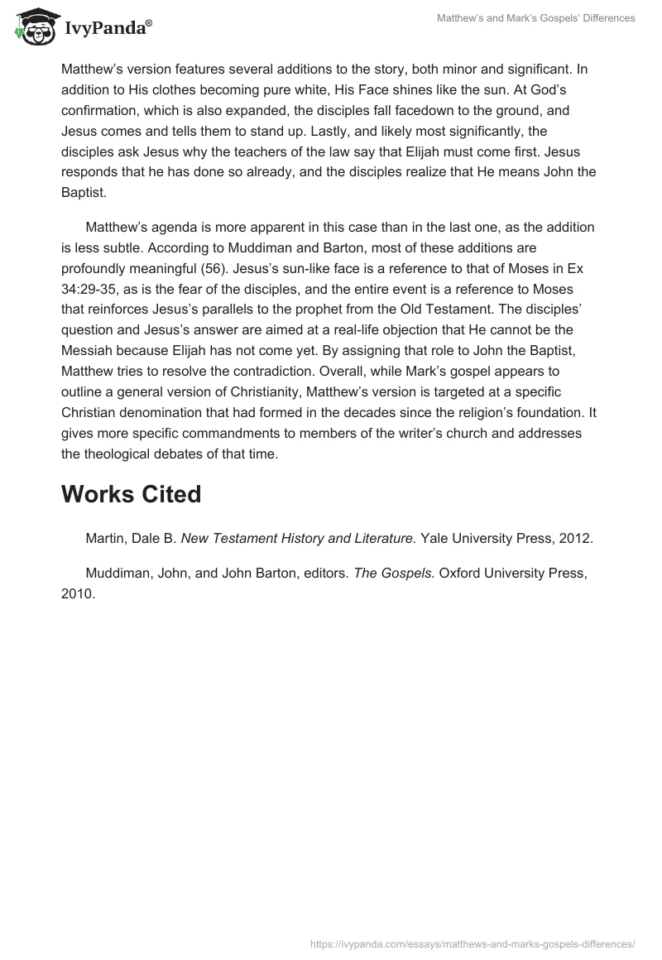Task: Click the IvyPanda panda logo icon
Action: point(34,26)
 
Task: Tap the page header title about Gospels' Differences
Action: point(536,18)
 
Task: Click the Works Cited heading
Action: point(131,494)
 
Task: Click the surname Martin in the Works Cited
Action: point(105,538)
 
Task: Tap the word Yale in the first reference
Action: point(435,538)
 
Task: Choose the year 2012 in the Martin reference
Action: point(576,538)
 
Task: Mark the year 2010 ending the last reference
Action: point(78,593)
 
